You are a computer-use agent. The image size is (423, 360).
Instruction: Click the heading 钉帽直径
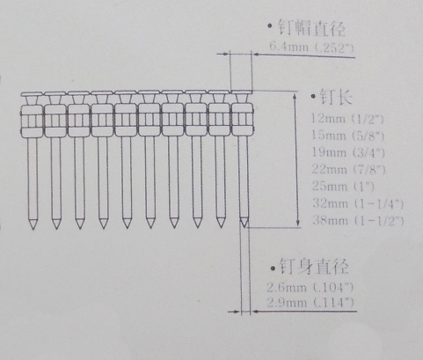pos(311,28)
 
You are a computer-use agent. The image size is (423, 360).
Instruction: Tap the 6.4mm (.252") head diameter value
pos(311,47)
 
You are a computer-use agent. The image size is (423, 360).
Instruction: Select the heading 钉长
pos(335,96)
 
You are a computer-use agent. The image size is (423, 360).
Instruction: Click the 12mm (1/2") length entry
pos(347,118)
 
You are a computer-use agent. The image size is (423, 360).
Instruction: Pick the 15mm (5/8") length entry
pos(347,136)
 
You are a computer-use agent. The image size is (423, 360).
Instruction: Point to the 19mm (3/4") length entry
pos(348,152)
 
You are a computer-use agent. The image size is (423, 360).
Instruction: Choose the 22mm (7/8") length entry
pos(348,169)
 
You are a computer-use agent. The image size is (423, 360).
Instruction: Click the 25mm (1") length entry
pos(343,187)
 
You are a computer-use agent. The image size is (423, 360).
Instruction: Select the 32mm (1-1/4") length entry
pos(358,203)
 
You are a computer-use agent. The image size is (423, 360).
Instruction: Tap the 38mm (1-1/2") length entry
pos(358,220)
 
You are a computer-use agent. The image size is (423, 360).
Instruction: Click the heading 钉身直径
pos(314,266)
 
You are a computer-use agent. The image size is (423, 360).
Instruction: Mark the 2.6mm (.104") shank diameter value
pos(310,287)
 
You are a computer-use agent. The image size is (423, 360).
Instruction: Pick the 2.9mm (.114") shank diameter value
pos(310,302)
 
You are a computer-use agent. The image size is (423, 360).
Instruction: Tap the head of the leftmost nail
pos(32,94)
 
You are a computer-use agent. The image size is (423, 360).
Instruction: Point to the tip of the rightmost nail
pos(244,226)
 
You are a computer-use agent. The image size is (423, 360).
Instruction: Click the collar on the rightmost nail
pos(242,120)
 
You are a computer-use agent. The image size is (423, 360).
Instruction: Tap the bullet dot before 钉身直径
pos(273,268)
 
